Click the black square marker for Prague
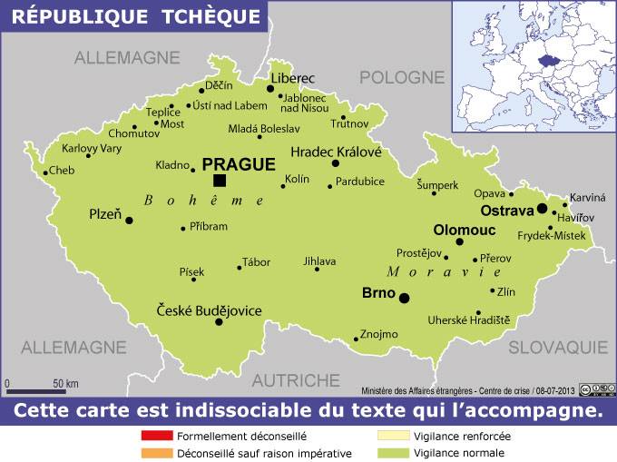click(220, 180)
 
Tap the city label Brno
click(378, 293)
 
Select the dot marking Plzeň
click(129, 220)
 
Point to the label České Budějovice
click(210, 310)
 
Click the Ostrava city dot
click(542, 208)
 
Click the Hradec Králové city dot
click(336, 163)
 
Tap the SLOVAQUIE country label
click(557, 347)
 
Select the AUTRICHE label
click(296, 378)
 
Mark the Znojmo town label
click(378, 334)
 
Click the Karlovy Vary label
click(92, 148)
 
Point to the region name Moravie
click(445, 272)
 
